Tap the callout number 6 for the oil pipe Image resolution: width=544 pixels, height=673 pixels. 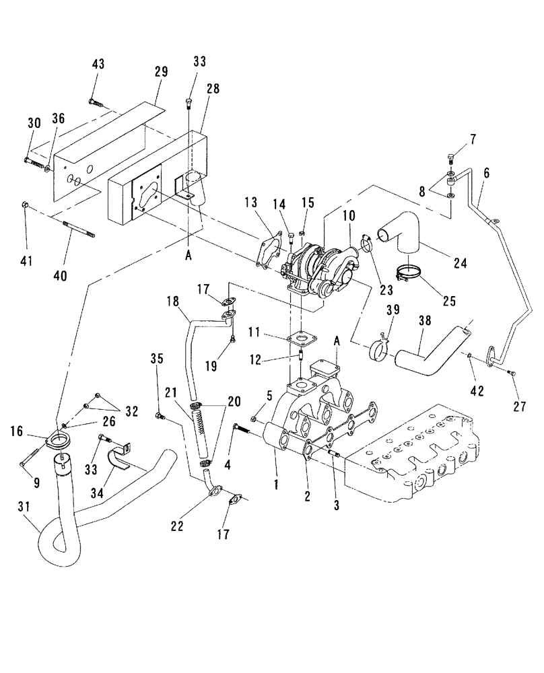point(487,172)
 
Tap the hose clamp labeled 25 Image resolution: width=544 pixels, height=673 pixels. point(409,274)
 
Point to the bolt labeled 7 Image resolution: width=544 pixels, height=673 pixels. point(451,159)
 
